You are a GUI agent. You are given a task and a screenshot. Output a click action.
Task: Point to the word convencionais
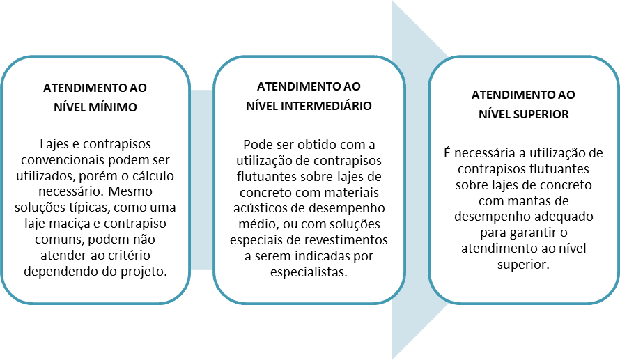tap(63, 160)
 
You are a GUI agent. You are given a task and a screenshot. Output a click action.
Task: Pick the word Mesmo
tap(130, 191)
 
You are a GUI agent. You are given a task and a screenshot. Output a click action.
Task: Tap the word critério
tap(128, 256)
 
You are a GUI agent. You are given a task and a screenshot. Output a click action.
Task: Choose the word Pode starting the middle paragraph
tap(256, 145)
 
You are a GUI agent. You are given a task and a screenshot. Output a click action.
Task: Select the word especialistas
tap(309, 272)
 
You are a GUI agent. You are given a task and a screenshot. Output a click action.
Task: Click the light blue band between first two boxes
tap(201, 180)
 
